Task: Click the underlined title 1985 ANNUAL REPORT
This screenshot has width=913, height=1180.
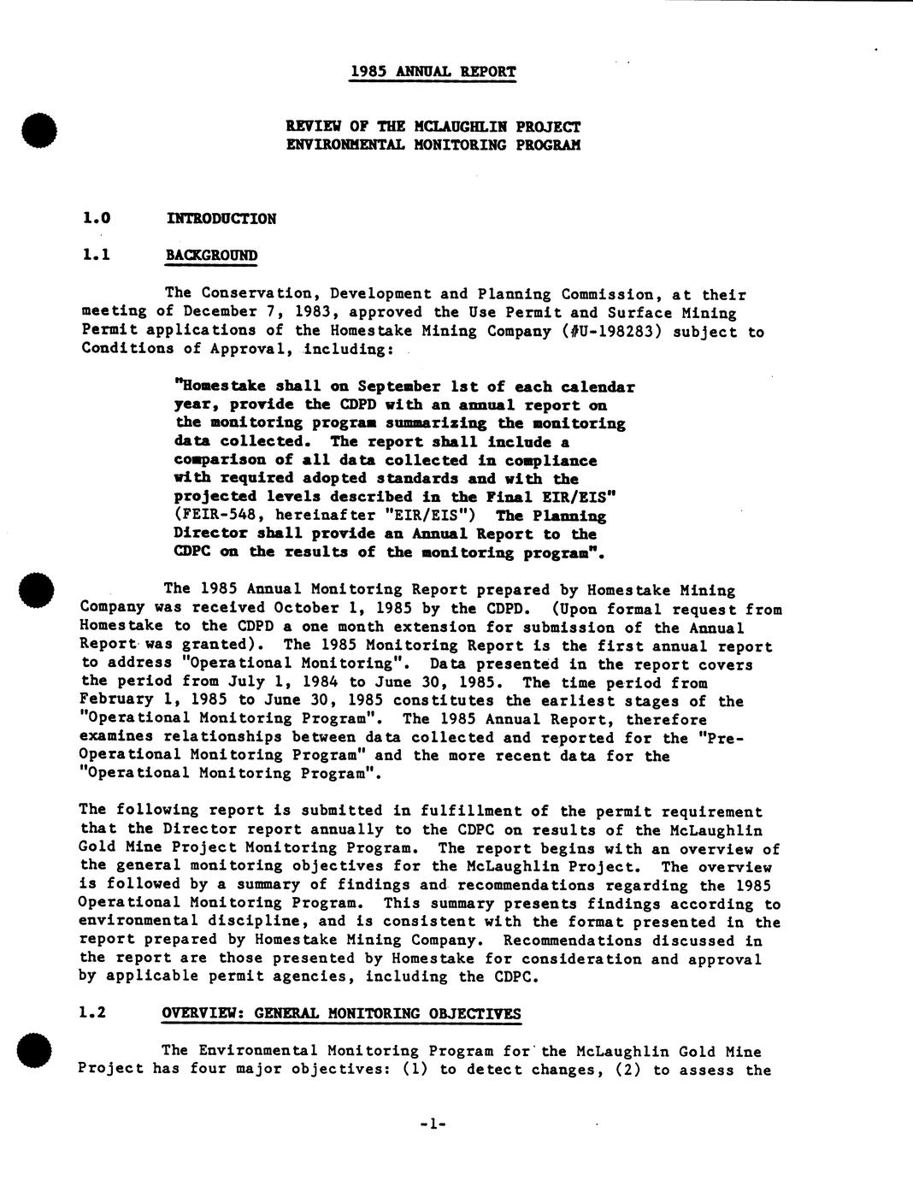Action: tap(433, 72)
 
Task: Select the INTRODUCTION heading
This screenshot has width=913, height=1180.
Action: tap(221, 219)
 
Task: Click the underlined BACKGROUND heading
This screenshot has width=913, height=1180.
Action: tap(211, 256)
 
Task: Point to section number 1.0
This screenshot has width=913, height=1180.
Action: tap(96, 219)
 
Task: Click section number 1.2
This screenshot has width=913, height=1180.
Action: tap(92, 1013)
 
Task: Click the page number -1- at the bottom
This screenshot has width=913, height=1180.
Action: tap(433, 1124)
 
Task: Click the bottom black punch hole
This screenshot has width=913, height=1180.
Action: tap(39, 1051)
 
